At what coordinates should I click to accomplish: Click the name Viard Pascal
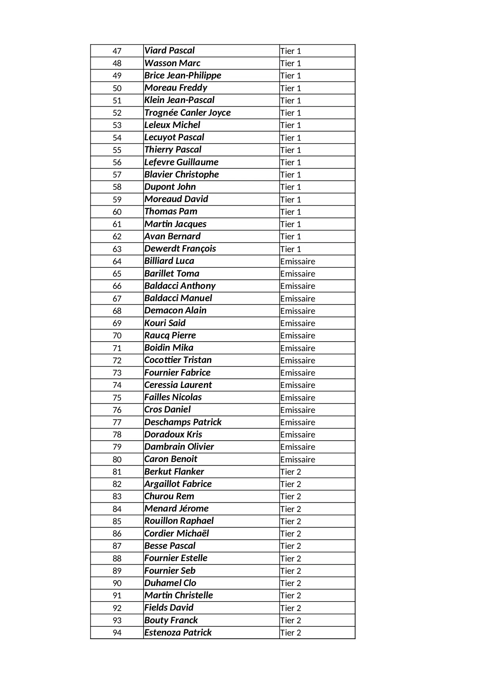coord(169,51)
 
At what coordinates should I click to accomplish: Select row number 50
coord(117,88)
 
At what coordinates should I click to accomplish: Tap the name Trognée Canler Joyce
coord(187,113)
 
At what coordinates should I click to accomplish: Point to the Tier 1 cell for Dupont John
coord(291,187)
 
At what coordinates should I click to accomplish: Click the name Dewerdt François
coord(180,249)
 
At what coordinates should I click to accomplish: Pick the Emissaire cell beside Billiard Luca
coord(297,262)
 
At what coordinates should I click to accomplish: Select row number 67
coord(117,298)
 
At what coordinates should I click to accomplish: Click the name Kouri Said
coord(165,323)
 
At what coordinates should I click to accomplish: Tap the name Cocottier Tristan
coord(178,360)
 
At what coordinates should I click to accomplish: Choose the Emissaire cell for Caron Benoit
coord(297,460)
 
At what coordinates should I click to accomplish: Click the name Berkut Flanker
coord(174,472)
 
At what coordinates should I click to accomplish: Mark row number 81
coord(117,472)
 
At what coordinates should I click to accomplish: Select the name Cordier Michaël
coord(176,533)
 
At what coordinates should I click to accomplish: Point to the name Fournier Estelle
coord(176,558)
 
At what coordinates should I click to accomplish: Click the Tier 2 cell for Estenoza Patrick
coord(291,633)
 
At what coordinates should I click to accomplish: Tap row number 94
coord(117,633)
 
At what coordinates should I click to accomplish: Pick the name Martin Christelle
coord(178,595)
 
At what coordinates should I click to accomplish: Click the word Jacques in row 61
coord(191,224)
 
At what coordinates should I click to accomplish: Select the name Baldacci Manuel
coord(178,298)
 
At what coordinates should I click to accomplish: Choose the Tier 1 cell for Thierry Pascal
coord(291,150)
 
